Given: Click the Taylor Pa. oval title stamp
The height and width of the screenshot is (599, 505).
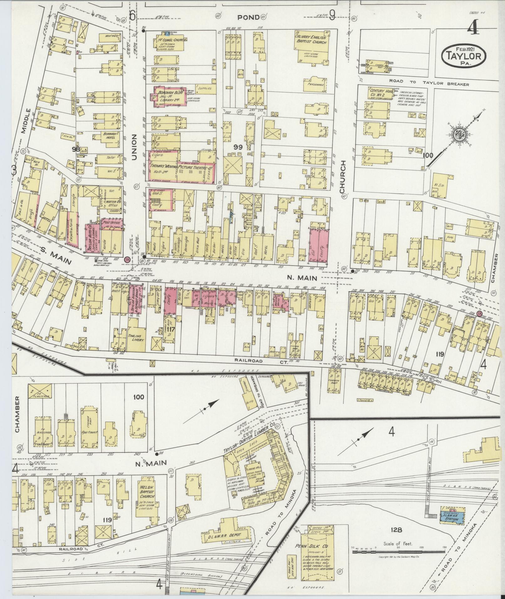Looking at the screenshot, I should point(464,56).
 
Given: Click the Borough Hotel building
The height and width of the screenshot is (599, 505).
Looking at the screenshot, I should point(109,136).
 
